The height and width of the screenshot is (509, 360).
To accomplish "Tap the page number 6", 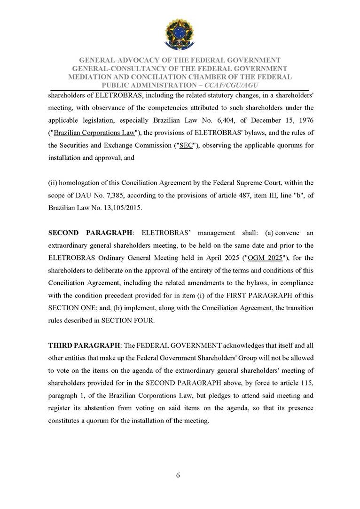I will coord(178,475).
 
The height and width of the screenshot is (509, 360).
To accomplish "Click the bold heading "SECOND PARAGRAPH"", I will coord(89,233).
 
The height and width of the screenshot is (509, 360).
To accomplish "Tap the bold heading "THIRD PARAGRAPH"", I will coord(84,345).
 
